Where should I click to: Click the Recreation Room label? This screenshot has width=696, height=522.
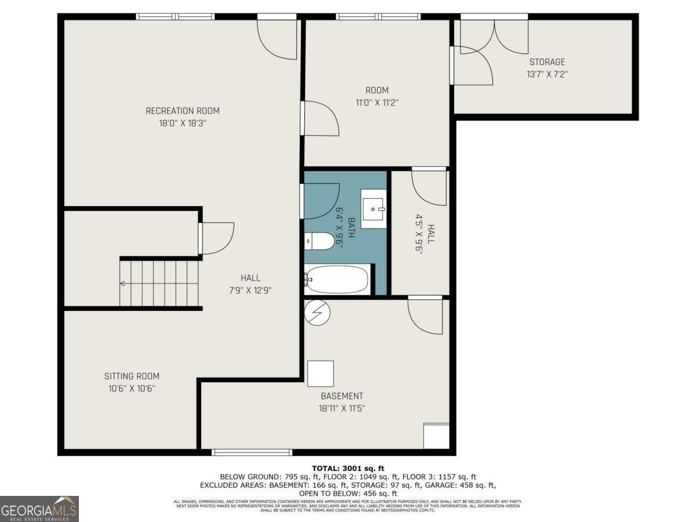[182, 111]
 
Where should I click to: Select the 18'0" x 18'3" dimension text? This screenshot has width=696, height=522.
[182, 124]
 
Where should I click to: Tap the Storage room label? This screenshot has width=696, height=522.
[546, 62]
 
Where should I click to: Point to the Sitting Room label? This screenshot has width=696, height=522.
[132, 376]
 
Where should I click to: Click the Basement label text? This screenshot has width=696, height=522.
[342, 396]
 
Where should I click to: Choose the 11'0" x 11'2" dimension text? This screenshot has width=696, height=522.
[376, 103]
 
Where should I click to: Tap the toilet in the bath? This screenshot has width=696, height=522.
[319, 241]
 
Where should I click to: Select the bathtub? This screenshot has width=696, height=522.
[337, 280]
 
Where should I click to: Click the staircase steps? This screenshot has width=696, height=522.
[160, 283]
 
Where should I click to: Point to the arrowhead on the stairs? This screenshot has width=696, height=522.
[123, 284]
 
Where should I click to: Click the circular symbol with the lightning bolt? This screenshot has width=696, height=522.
[317, 313]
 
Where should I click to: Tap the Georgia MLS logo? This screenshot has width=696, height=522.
[39, 509]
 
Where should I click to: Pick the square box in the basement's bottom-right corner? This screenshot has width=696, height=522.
[436, 436]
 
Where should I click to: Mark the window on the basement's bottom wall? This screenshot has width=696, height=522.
[252, 452]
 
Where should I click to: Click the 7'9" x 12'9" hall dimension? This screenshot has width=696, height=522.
[251, 291]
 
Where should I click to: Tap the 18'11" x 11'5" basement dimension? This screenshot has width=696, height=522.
[342, 408]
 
